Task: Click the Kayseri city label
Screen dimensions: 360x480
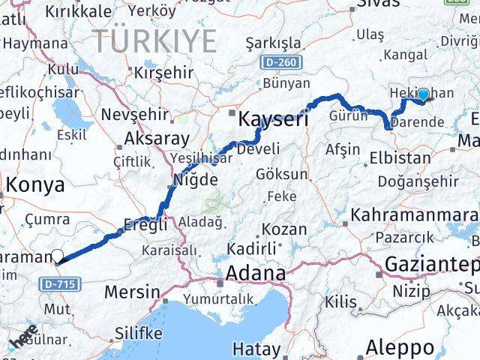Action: (x=273, y=118)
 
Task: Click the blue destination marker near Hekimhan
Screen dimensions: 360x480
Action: (x=423, y=94)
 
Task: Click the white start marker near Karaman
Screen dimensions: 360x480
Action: (x=58, y=256)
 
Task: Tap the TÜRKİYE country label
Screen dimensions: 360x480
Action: (x=154, y=40)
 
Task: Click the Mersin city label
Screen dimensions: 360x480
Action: (x=132, y=292)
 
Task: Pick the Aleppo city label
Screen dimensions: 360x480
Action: (x=400, y=347)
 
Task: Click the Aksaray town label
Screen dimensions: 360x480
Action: (x=157, y=139)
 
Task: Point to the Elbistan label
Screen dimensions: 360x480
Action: (x=400, y=158)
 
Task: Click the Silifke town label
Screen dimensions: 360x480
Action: (x=138, y=332)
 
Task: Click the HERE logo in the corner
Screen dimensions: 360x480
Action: (x=24, y=338)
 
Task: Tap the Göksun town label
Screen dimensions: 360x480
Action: (x=282, y=174)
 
